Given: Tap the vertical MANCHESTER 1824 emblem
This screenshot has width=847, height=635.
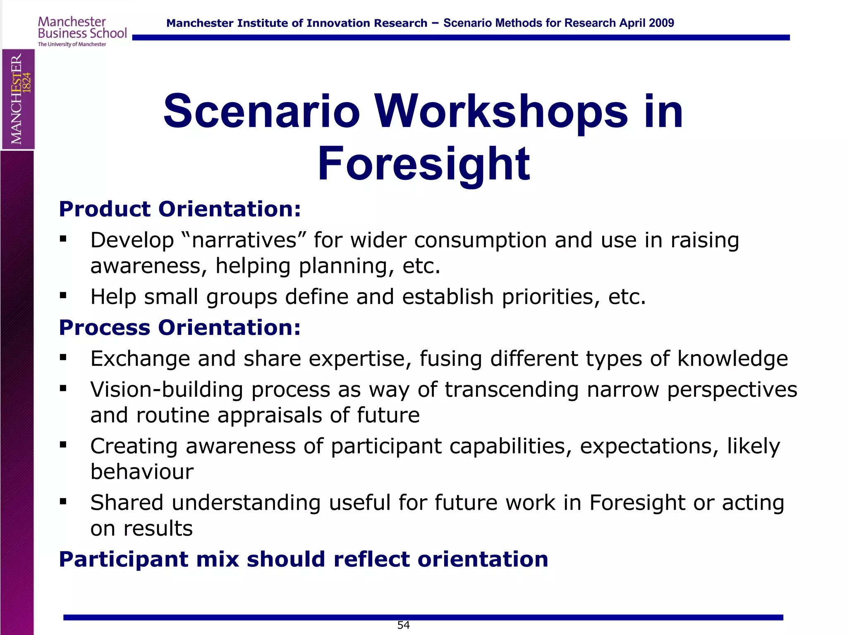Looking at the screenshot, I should (18, 99).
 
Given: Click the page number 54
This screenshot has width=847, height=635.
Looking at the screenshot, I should (403, 625).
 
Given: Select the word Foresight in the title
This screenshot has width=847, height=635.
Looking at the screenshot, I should (423, 165).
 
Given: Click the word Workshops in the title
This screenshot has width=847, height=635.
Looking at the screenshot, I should (501, 111).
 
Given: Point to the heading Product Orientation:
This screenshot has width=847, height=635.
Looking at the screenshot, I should (180, 209).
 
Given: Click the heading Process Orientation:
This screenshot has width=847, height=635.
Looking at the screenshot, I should (180, 327).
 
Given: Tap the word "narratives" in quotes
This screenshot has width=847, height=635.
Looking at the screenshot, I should (244, 240).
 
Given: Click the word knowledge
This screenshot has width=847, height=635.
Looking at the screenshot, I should (732, 358).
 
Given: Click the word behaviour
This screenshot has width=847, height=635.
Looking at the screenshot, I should (142, 472).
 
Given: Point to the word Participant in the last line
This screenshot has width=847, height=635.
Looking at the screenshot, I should (123, 559).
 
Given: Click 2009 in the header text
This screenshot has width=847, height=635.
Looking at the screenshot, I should (661, 23).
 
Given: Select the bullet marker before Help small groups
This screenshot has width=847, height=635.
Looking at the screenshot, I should (63, 295).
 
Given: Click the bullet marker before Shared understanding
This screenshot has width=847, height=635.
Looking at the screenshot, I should (63, 501).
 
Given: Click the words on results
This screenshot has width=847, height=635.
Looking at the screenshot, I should (141, 528).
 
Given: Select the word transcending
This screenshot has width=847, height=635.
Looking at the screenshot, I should (512, 389).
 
